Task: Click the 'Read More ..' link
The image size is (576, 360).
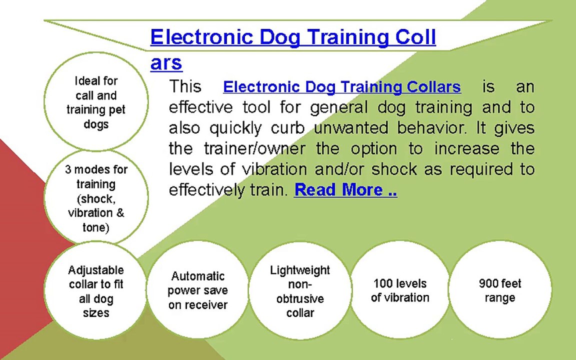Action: pos(345,190)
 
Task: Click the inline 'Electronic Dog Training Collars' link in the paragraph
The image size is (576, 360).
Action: pos(341,87)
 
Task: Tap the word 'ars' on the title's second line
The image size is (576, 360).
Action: pos(166,63)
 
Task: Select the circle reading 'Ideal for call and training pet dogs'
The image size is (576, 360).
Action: pos(96,102)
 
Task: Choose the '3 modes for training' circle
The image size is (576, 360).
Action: pos(96,198)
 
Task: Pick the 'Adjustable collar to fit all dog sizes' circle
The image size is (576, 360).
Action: pos(96,291)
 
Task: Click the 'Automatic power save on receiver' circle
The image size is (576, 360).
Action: pos(197,290)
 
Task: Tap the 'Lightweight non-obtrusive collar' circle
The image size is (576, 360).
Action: pos(300,291)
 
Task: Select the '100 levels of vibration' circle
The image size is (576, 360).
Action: pos(400,290)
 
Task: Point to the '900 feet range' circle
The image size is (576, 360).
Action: pos(500,290)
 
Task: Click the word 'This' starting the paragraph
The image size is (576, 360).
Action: pos(185,86)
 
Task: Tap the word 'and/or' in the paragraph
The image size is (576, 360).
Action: pos(340,169)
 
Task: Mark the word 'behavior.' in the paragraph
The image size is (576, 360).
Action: pos(432,128)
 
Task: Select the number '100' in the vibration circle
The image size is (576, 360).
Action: pos(383,283)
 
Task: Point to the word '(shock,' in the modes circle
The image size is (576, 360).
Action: pos(96,198)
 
